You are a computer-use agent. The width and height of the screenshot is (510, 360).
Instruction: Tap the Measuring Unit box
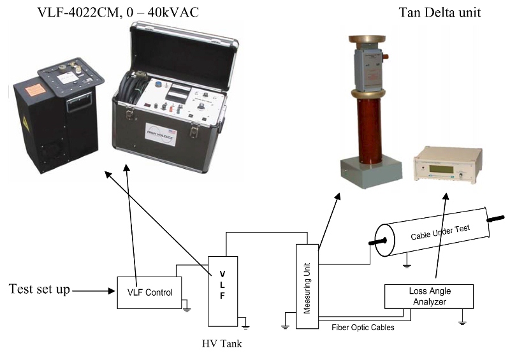click(307, 287)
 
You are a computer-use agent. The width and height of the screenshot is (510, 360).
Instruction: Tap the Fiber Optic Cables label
click(362, 328)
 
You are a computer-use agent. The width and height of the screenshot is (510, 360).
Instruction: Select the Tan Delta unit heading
click(440, 12)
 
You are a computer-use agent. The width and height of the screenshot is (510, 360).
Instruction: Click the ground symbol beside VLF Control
click(186, 310)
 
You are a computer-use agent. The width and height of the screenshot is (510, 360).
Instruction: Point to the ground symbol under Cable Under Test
click(407, 261)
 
